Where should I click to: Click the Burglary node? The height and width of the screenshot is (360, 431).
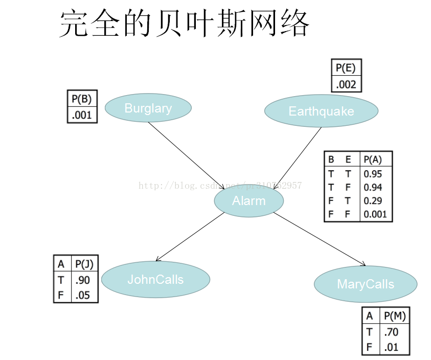[148, 108]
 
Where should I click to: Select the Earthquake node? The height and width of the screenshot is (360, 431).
[321, 111]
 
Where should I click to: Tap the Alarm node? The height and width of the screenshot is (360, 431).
[248, 201]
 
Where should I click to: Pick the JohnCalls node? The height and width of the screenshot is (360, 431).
[155, 279]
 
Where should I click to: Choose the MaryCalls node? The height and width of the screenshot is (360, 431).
[365, 284]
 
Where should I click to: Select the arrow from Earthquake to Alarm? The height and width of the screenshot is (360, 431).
[298, 158]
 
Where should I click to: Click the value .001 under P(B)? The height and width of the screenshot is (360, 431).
[82, 115]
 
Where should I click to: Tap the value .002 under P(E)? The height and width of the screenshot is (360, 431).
[346, 84]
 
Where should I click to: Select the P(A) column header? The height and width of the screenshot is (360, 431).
[373, 159]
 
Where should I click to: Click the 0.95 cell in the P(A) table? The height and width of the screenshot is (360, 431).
[373, 174]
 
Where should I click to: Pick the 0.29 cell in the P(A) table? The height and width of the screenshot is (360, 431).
[373, 201]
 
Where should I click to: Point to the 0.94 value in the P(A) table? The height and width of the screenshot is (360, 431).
[373, 187]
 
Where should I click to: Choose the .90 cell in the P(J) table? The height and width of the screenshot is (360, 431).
[83, 280]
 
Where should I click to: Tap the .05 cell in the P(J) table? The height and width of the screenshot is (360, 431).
[83, 295]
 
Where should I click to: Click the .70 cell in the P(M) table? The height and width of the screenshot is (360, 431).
[391, 332]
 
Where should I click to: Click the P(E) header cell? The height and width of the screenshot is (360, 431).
[346, 68]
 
